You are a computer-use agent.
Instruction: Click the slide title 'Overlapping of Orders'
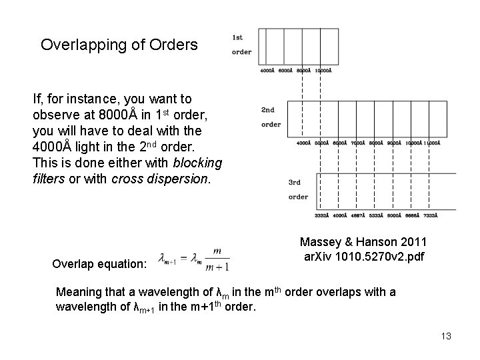(119, 45)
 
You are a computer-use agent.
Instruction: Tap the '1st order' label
(241, 45)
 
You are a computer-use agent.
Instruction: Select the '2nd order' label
(271, 117)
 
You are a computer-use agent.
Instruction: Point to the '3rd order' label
(298, 189)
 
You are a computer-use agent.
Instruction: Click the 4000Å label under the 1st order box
(267, 70)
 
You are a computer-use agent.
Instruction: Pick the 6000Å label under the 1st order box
(285, 70)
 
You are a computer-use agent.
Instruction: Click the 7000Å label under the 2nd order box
(357, 143)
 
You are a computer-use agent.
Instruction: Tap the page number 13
(445, 336)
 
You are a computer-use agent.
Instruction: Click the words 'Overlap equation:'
(99, 264)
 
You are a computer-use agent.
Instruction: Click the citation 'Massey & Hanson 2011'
(363, 241)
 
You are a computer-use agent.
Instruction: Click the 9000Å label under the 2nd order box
(393, 143)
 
